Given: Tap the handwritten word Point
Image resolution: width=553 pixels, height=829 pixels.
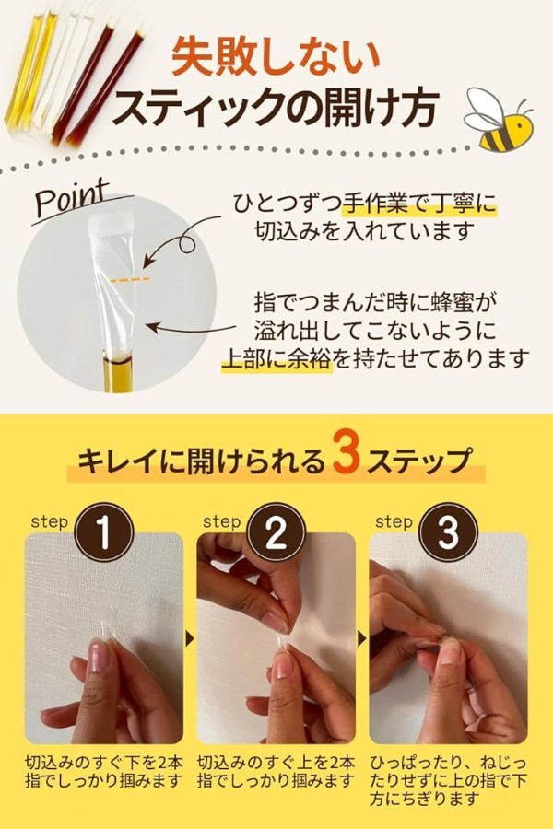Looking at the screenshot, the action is coord(72,198).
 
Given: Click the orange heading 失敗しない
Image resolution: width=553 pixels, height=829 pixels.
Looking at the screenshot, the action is coord(276,56).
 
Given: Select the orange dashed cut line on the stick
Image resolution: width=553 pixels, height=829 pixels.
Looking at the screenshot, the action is coord(130,279).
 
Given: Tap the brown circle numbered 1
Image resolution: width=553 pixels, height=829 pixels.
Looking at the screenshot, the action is coord(104,532).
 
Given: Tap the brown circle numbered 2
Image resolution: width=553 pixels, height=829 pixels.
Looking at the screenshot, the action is coord(276,532).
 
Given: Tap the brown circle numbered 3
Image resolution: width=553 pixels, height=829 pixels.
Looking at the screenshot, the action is coord(448,532).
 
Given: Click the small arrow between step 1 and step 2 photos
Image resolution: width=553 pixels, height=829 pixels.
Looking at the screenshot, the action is coord(189,639).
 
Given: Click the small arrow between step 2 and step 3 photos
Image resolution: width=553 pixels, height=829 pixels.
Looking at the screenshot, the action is coord(362,639).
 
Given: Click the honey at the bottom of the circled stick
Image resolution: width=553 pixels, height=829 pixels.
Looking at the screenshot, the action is coord(116,373).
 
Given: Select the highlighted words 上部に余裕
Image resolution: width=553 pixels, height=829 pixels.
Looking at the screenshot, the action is coord(276,359).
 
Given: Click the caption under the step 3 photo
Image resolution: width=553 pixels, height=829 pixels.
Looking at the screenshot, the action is coord(448,780).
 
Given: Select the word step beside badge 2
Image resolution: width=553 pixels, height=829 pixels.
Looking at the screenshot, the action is coord(222,522).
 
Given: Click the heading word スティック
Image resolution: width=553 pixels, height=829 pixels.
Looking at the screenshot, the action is coord(203,108).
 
